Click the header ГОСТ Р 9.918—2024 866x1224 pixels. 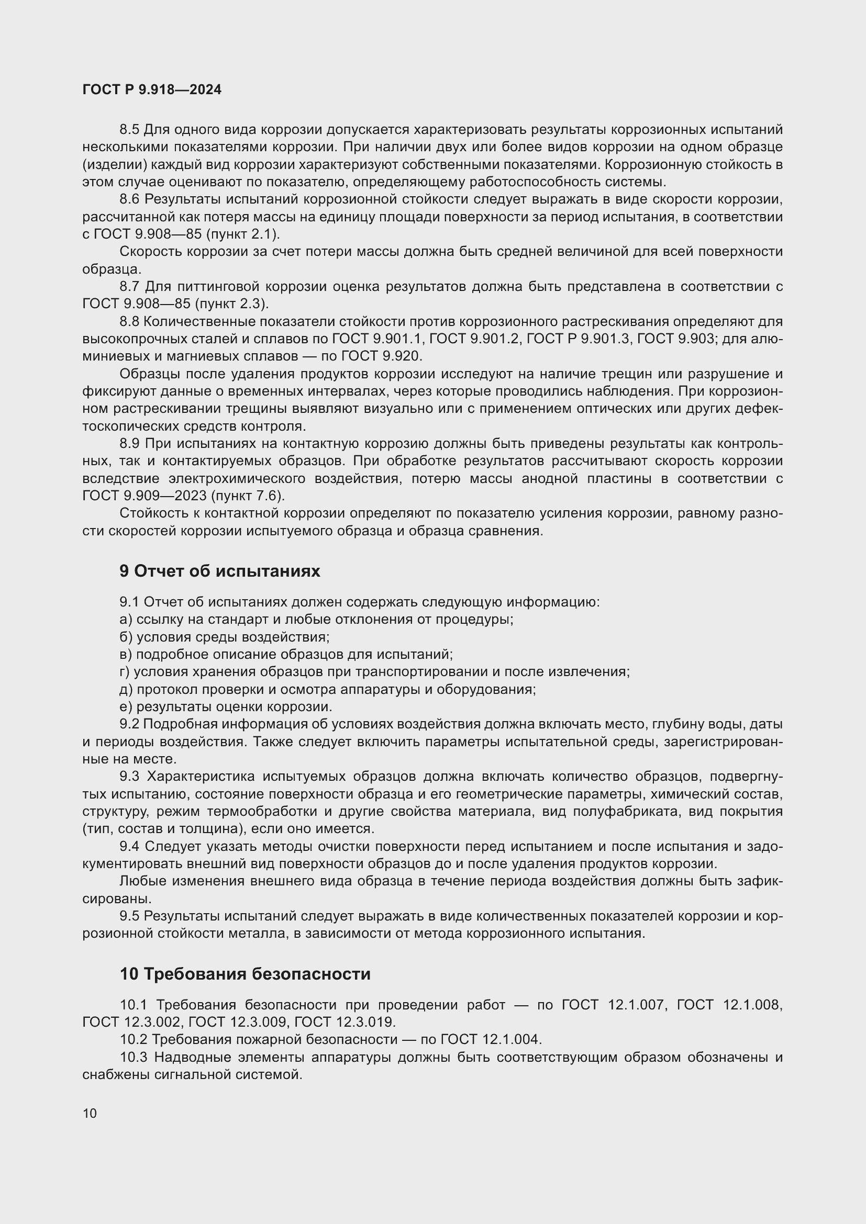tap(152, 89)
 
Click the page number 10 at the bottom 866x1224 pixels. tap(90, 1113)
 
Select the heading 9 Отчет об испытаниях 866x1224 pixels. tap(220, 571)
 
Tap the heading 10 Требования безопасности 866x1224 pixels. tap(245, 974)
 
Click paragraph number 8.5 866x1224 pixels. tap(129, 130)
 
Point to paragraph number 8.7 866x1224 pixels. tap(129, 287)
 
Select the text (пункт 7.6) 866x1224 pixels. tap(248, 496)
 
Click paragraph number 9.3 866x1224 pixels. tap(129, 776)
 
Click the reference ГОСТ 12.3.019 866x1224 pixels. tap(345, 1022)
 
